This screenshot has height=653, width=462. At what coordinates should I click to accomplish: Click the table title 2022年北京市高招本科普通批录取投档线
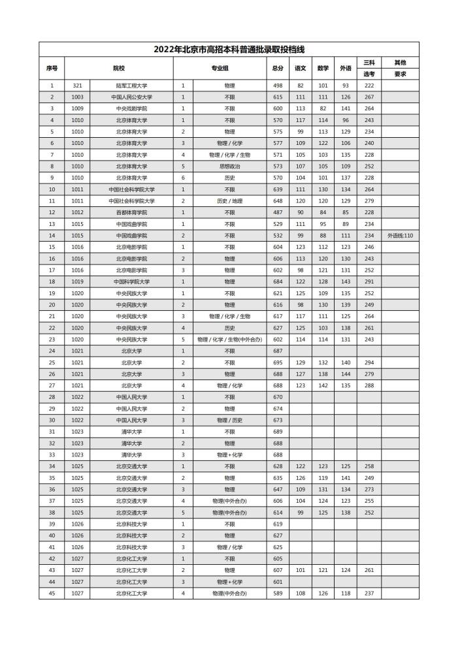click(229, 49)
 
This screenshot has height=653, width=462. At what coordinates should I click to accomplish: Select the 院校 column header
click(118, 68)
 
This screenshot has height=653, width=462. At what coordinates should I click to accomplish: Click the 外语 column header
click(345, 68)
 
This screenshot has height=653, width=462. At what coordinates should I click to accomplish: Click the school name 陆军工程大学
click(131, 86)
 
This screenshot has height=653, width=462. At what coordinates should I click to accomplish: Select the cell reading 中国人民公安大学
click(131, 97)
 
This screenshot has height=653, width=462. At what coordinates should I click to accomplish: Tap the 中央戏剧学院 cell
click(131, 108)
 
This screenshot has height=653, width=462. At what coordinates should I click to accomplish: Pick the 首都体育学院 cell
click(131, 212)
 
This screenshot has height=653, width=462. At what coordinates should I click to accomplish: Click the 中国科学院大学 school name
click(131, 281)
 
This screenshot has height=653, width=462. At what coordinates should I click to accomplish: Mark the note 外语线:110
click(400, 235)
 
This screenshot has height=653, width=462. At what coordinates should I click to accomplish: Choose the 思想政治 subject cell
click(229, 167)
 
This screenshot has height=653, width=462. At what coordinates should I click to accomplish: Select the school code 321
click(77, 86)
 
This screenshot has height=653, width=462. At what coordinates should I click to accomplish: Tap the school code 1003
click(77, 97)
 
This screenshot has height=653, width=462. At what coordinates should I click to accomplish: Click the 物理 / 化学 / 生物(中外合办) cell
click(229, 339)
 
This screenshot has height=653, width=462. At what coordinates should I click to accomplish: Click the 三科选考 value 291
click(369, 281)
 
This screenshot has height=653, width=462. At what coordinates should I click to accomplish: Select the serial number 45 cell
click(52, 593)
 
